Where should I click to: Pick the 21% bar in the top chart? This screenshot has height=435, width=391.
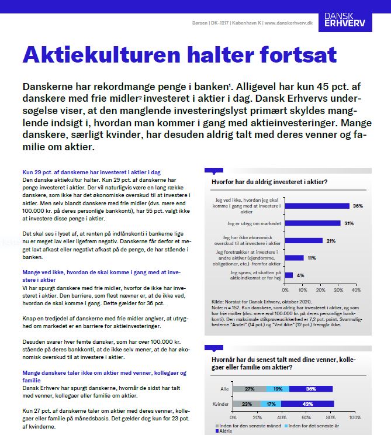[303, 240]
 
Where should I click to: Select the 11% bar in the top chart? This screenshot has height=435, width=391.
[294, 257]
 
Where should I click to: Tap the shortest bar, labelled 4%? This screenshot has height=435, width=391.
[288, 274]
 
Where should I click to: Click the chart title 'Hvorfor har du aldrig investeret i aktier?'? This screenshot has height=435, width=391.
[269, 182]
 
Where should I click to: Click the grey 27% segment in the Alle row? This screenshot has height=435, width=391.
[250, 388]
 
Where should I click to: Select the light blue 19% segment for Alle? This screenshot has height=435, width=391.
[277, 388]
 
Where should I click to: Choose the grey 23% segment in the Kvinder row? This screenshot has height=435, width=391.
[247, 403]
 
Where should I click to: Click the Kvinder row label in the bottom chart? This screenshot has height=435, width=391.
[221, 403]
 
